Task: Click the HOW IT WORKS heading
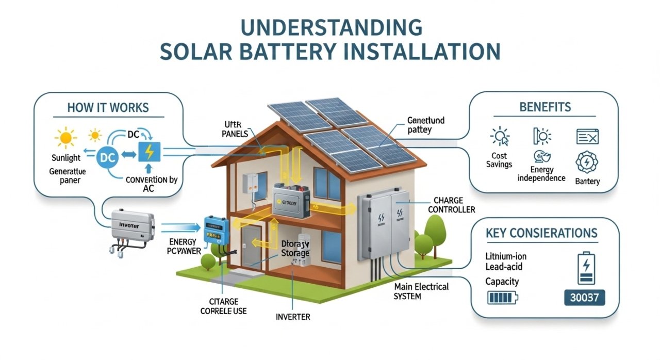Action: point(108,108)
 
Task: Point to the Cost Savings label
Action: point(499,159)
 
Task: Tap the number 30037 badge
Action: point(584,298)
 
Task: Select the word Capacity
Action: point(502,282)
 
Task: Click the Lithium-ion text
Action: point(506,256)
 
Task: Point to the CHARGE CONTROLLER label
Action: point(454,205)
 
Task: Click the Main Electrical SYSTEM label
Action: point(421,291)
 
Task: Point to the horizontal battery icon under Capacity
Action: point(502,298)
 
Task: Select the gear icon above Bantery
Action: point(586,162)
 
